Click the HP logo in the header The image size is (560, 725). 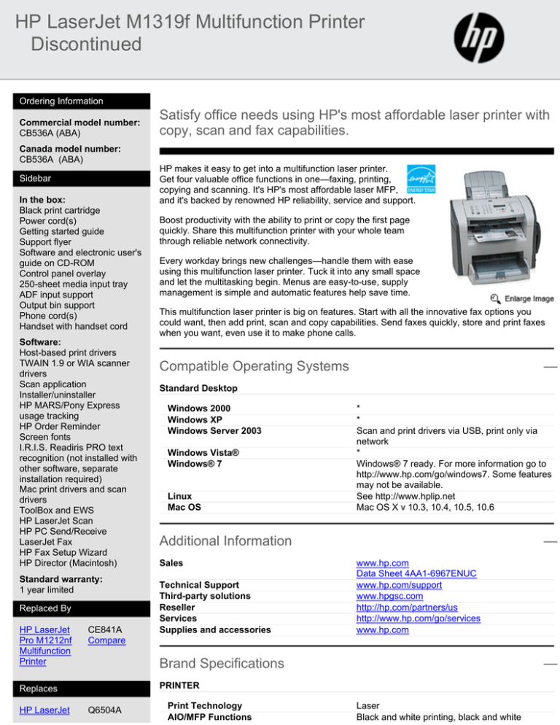482,36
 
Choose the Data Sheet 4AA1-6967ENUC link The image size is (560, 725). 416,574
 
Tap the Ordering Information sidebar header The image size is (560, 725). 61,101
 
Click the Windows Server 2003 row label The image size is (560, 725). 214,431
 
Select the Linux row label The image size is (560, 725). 181,496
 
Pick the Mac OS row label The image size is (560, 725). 186,506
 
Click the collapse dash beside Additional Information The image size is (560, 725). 551,542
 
